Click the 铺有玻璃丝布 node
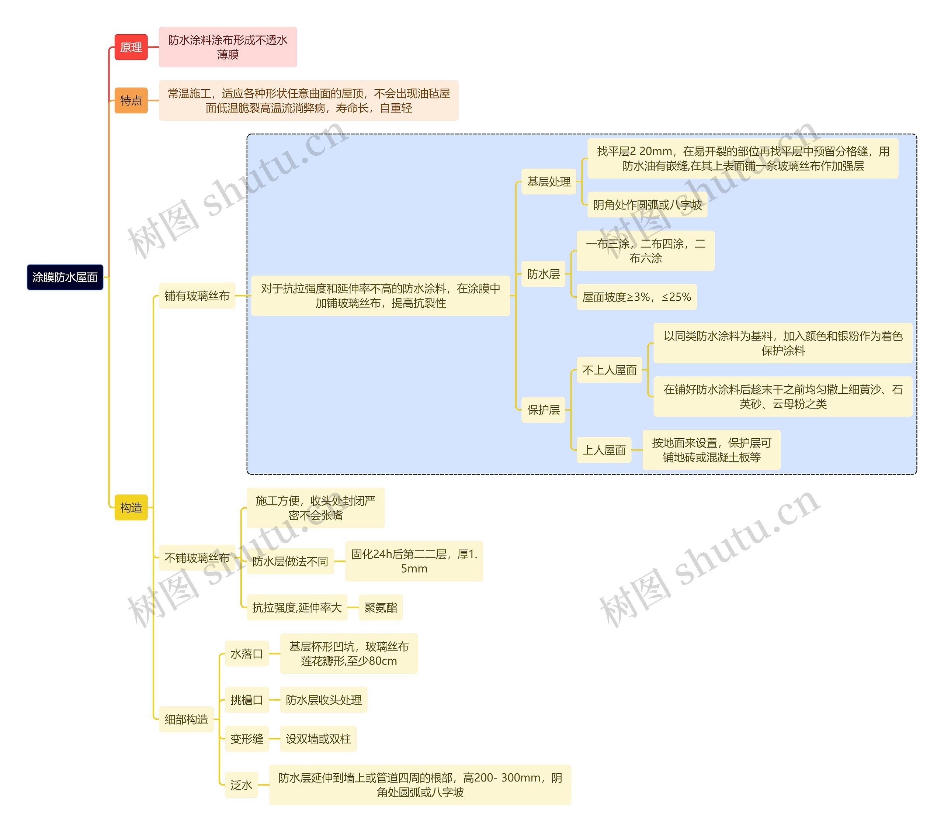(197, 296)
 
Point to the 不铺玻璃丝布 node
(197, 558)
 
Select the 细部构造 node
(186, 719)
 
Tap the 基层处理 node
(549, 182)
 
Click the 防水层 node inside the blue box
(543, 274)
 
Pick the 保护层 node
(543, 410)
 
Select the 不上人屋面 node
(609, 370)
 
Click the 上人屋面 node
(604, 450)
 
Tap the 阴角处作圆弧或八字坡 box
(647, 204)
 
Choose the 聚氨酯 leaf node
(381, 607)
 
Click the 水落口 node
(247, 653)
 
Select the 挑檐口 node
(247, 700)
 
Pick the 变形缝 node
(247, 739)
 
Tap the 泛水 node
(241, 785)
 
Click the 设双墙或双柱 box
(318, 739)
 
